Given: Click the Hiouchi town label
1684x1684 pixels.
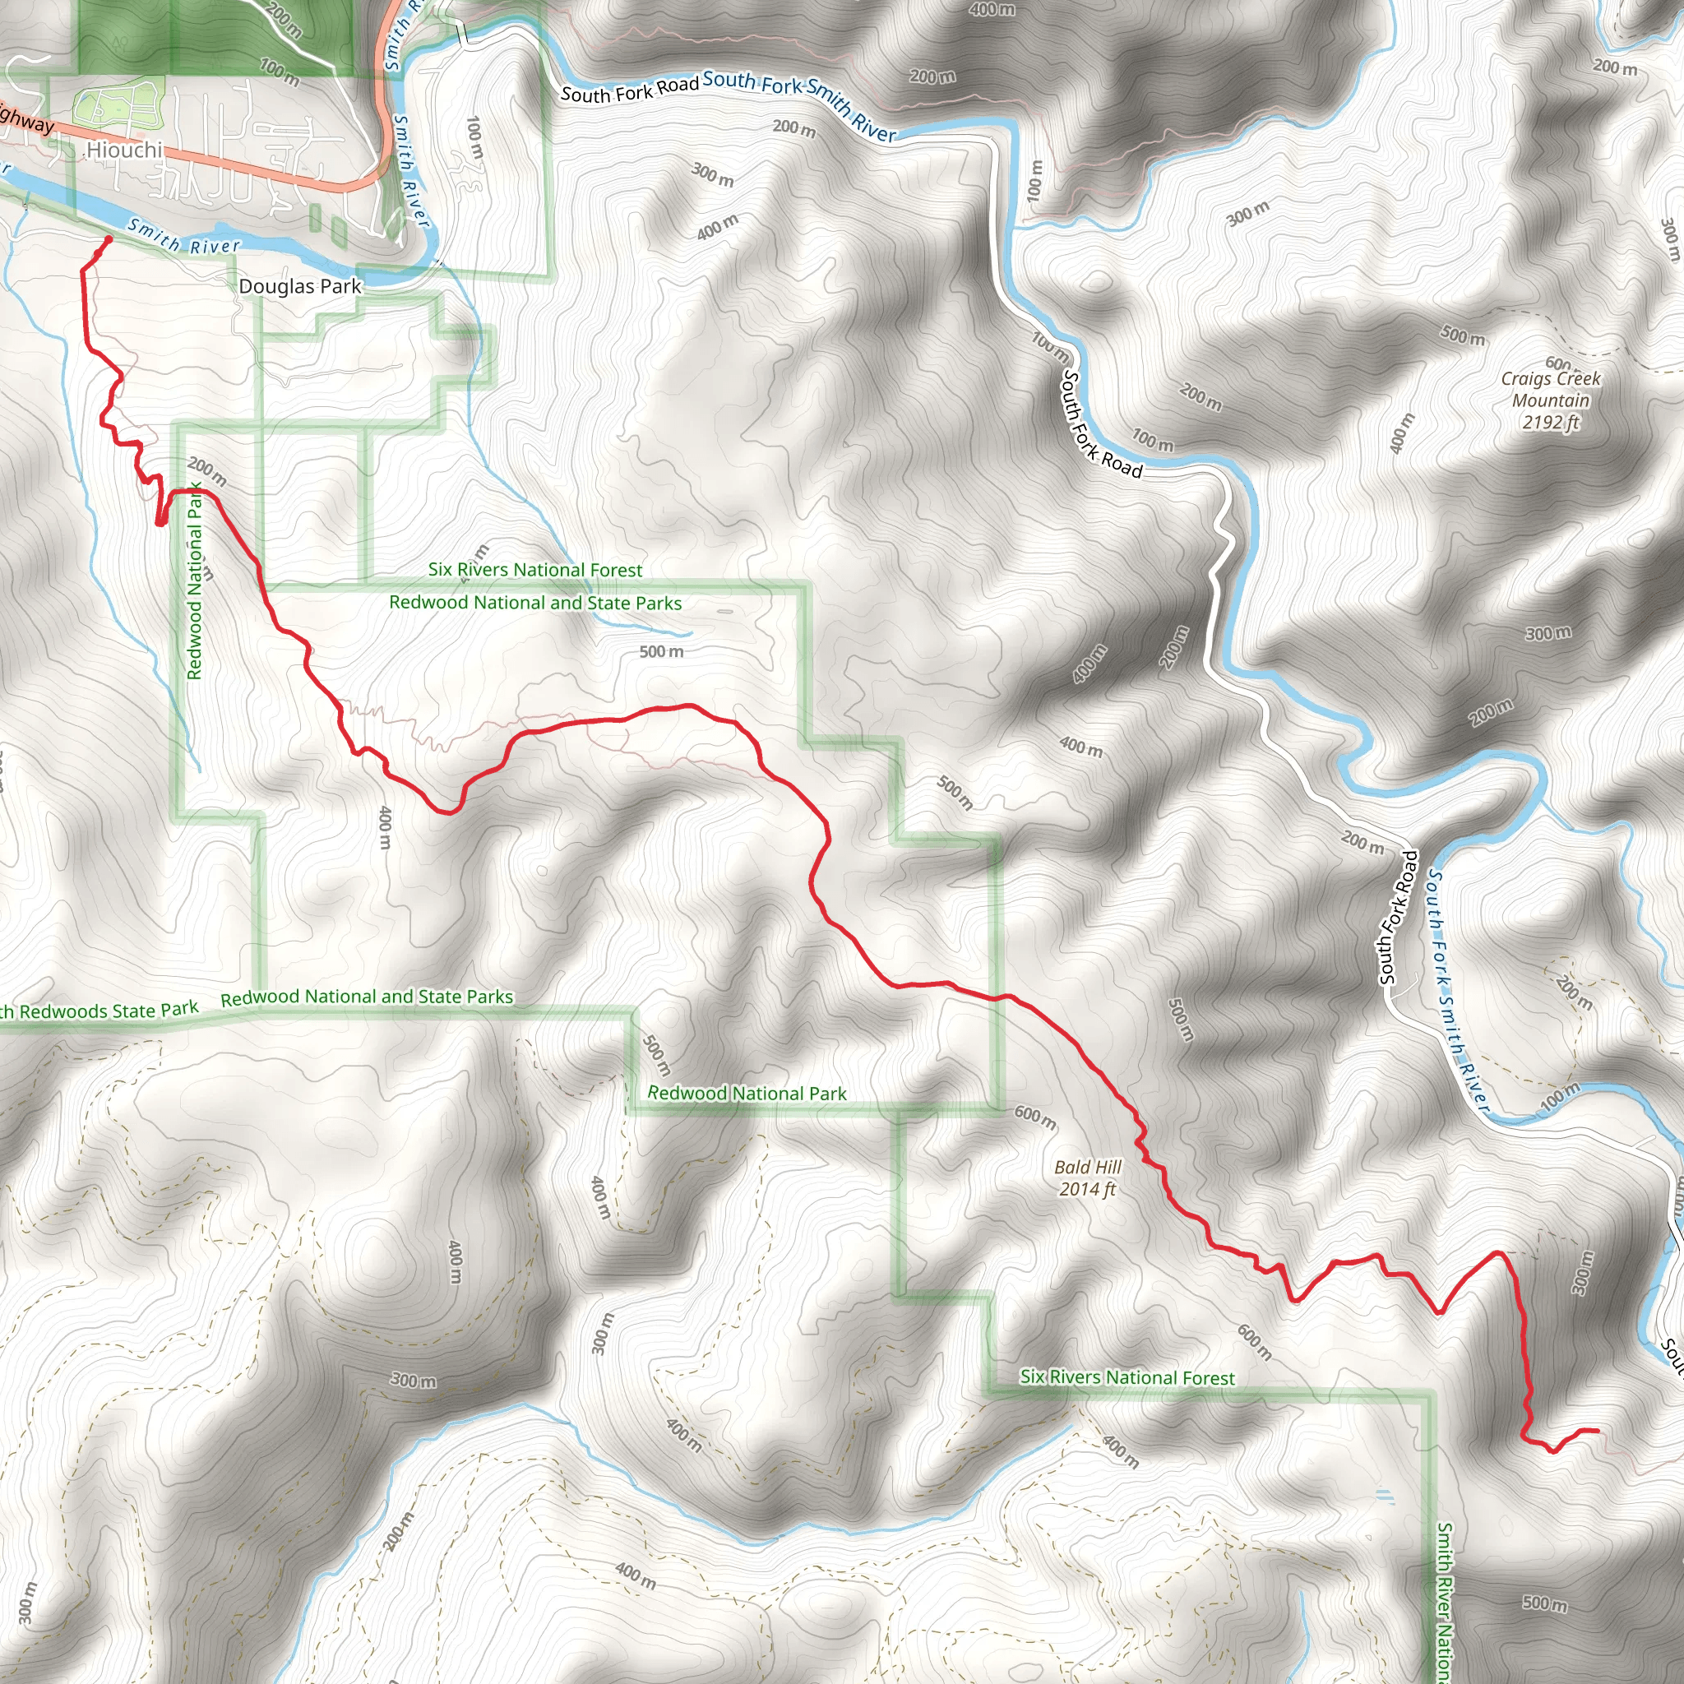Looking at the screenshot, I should click(125, 150).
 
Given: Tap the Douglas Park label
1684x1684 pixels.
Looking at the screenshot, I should click(300, 286).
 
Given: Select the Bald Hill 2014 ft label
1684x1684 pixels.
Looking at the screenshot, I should click(1088, 1177).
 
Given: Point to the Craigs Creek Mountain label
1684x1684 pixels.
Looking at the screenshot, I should click(1551, 390).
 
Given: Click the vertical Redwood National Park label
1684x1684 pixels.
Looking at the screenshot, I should click(195, 582).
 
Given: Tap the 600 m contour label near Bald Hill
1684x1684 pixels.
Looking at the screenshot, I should click(1035, 1118).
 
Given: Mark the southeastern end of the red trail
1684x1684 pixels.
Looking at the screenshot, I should click(1597, 1431).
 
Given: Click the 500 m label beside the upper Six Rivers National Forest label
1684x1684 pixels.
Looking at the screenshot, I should click(662, 652).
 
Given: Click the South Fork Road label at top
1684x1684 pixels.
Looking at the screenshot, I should click(629, 90).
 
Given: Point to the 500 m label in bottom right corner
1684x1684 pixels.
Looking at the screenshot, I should click(1544, 1603).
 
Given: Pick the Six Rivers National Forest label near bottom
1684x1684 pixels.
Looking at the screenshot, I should click(1127, 1377).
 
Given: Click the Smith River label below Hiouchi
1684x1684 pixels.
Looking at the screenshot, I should click(183, 236).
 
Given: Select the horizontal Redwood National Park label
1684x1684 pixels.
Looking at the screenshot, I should click(746, 1093).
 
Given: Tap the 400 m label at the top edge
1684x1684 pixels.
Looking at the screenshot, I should click(992, 10).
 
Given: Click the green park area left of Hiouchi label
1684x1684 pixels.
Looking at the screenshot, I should click(118, 103).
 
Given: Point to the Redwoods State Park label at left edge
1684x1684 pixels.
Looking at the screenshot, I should click(99, 1011).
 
